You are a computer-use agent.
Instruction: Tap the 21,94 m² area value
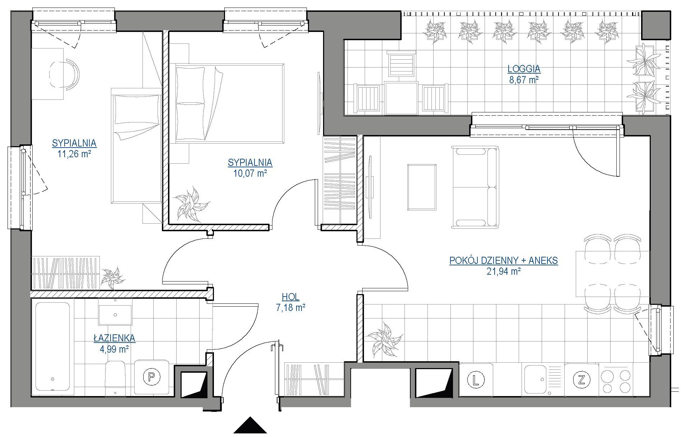click(x=504, y=271)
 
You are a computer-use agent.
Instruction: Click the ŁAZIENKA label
click(x=114, y=338)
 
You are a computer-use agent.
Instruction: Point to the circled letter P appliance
click(x=151, y=377)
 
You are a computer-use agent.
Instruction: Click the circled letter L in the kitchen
click(x=476, y=380)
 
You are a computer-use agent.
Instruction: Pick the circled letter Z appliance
click(x=581, y=380)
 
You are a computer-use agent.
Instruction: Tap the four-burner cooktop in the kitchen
click(x=616, y=380)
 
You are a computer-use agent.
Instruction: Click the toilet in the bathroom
click(x=115, y=378)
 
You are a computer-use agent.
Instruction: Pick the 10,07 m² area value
click(x=250, y=174)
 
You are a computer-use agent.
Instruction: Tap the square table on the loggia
click(x=401, y=98)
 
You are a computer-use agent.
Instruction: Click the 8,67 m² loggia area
click(x=524, y=79)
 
